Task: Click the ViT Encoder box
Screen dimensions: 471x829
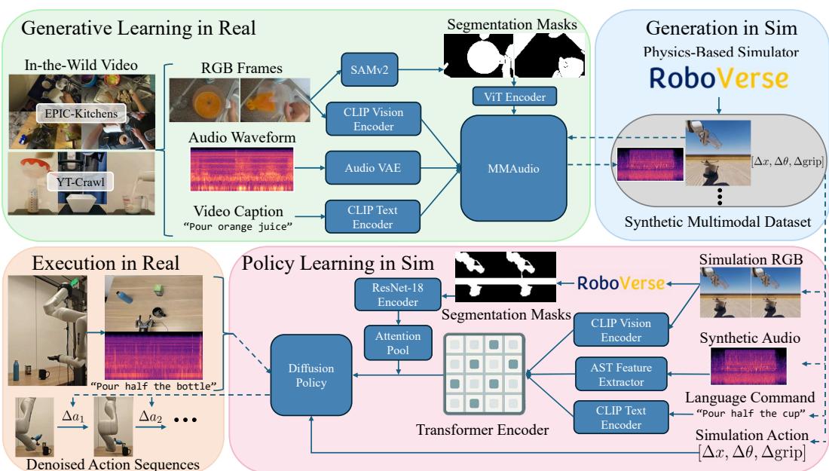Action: point(515,96)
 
